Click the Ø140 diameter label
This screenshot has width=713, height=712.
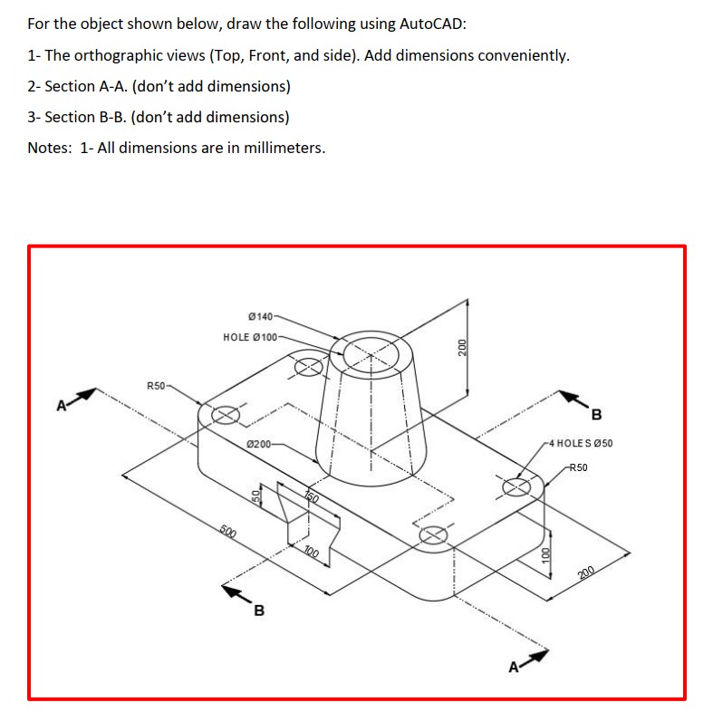pos(259,315)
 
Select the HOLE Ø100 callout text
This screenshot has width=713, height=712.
pos(252,337)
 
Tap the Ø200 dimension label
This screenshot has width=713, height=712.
pos(259,443)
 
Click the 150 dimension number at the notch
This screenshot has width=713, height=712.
pos(311,496)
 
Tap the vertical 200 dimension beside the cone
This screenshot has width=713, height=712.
pos(461,349)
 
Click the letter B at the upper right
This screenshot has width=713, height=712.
pos(595,416)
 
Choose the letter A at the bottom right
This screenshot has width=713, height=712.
pos(514,668)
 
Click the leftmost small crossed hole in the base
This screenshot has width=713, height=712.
pos(225,415)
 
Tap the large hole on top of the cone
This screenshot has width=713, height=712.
pos(370,350)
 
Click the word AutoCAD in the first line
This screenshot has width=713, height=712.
pos(433,24)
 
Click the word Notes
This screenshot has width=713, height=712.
pos(49,148)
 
